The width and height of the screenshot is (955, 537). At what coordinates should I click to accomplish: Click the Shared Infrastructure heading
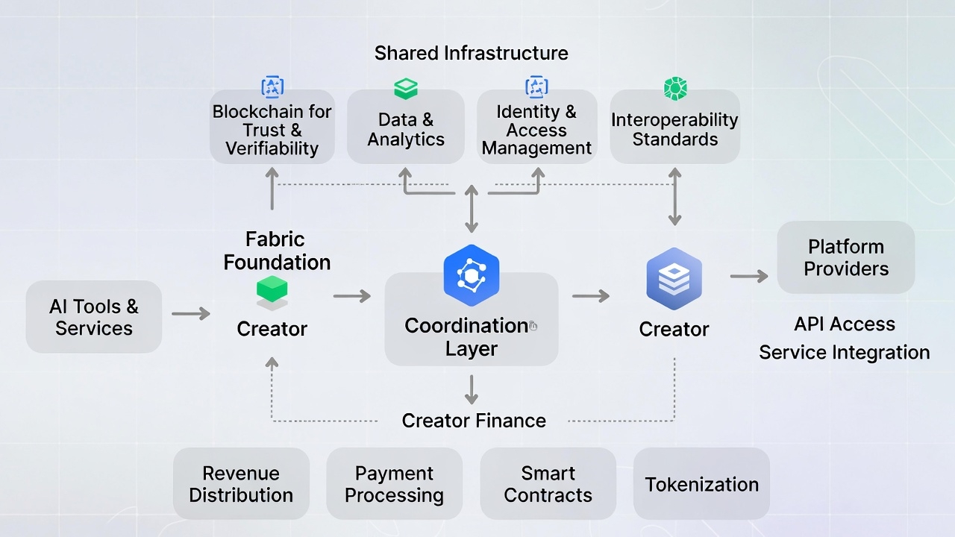point(471,53)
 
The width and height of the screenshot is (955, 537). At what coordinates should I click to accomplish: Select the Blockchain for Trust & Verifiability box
point(272,129)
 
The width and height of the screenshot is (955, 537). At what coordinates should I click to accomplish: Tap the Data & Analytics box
point(406,129)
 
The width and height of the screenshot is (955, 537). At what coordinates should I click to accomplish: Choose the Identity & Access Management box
point(536,129)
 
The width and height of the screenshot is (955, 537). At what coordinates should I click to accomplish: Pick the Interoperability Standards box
point(674,129)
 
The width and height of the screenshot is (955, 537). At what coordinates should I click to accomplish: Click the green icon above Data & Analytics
point(406,89)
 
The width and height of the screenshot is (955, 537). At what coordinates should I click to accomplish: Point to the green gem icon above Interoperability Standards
point(674,89)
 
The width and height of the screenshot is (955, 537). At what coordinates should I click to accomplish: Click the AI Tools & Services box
point(94,317)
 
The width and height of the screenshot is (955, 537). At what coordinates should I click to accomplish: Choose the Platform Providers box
point(846,257)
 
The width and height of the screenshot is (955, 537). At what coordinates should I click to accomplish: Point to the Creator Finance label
point(474,421)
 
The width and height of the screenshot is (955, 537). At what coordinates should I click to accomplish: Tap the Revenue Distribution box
point(241,484)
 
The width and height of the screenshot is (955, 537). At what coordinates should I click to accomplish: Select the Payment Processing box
point(394,484)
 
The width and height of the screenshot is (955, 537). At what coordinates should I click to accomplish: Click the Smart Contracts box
point(548,484)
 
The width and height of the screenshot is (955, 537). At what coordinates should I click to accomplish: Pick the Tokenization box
point(701,484)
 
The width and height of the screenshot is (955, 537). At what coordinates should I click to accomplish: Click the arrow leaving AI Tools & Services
point(191,314)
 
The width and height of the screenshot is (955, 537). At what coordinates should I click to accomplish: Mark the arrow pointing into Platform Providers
point(749,277)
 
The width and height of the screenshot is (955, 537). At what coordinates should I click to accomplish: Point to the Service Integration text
point(844,352)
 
